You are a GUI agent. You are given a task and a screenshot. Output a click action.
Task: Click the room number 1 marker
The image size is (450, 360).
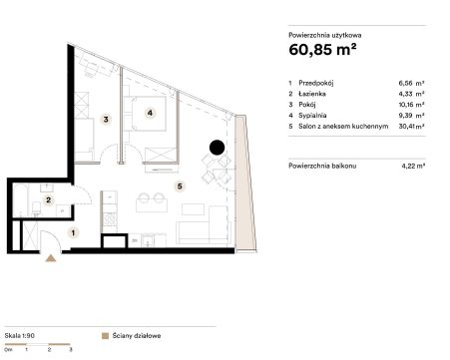tap(73, 232)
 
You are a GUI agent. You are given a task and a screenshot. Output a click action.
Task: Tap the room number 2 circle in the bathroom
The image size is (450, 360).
tap(49, 199)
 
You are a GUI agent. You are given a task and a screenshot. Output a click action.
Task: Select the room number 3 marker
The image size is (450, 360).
tap(106, 119)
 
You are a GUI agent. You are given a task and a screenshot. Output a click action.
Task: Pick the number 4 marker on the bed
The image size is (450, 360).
tap(150, 113)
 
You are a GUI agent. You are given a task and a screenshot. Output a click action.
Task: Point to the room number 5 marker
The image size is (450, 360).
tap(180, 186)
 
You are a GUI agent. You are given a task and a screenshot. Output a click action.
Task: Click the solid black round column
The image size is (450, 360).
tap(217, 148)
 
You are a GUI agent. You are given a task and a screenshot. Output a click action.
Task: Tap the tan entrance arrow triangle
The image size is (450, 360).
tap(51, 258)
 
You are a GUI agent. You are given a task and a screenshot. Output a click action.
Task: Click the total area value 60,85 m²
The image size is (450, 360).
tap(322, 50)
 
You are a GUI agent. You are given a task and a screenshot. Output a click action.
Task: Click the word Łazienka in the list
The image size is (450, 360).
tap(312, 94)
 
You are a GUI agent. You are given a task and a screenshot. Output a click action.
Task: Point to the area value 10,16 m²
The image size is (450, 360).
tap(411, 105)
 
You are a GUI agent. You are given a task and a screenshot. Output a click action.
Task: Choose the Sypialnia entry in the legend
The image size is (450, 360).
tap(312, 116)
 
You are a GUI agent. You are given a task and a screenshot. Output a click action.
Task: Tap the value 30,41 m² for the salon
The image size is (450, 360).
tap(411, 126)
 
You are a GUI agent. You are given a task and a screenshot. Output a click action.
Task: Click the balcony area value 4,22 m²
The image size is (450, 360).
tap(413, 166)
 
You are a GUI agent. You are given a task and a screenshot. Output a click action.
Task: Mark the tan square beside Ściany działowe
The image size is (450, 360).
tap(105, 336)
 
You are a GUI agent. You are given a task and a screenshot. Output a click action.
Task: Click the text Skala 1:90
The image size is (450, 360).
tap(20, 336)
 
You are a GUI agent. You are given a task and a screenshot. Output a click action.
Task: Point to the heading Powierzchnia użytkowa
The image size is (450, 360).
tap(325, 35)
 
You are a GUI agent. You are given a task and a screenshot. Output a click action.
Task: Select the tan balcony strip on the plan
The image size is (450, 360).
tap(245, 182)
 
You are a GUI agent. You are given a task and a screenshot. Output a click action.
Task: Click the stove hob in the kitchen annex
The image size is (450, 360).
tap(110, 218)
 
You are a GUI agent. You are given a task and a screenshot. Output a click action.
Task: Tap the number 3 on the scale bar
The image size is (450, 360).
tap(71, 349)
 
